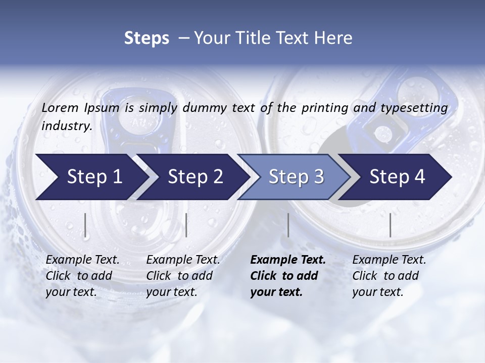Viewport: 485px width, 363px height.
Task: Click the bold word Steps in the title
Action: [147, 38]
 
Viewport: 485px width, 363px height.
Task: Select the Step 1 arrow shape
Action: [91, 176]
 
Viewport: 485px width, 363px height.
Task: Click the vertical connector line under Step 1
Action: [85, 225]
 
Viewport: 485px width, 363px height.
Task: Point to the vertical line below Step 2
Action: [186, 225]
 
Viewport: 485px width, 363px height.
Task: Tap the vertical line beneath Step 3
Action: [288, 225]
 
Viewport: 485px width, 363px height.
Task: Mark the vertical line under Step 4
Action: [390, 225]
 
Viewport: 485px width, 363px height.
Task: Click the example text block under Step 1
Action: [82, 276]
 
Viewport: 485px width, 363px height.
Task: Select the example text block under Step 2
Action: [183, 276]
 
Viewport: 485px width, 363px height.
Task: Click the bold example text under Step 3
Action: [288, 276]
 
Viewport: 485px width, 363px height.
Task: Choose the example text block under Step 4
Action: [389, 276]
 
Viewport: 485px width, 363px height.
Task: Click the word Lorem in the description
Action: [60, 108]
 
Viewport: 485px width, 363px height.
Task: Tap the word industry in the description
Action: [67, 126]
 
